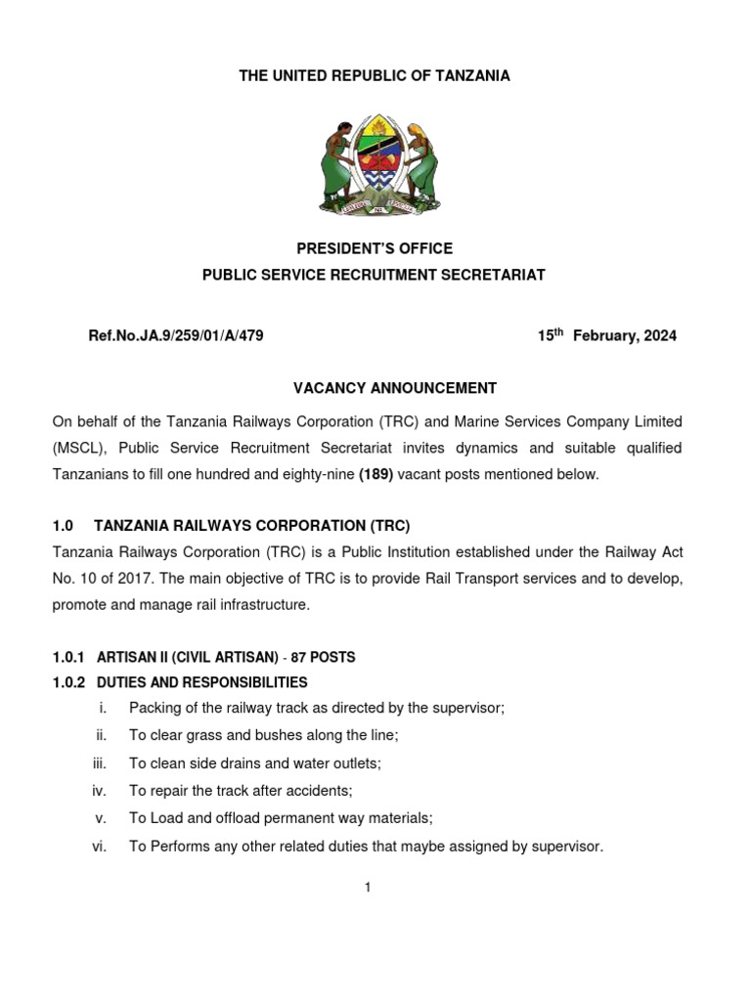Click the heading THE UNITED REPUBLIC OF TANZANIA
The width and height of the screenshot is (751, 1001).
[375, 76]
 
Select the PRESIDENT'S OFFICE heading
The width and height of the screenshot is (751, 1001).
[375, 249]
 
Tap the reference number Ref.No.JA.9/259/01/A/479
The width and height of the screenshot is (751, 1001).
[176, 336]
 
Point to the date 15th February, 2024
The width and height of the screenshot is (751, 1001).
[606, 335]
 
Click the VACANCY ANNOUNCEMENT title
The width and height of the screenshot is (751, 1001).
[395, 388]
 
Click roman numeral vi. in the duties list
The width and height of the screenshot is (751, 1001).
[99, 848]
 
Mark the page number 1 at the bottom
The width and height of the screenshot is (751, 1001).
[368, 888]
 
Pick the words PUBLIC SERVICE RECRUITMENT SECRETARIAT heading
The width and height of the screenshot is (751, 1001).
[374, 276]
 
